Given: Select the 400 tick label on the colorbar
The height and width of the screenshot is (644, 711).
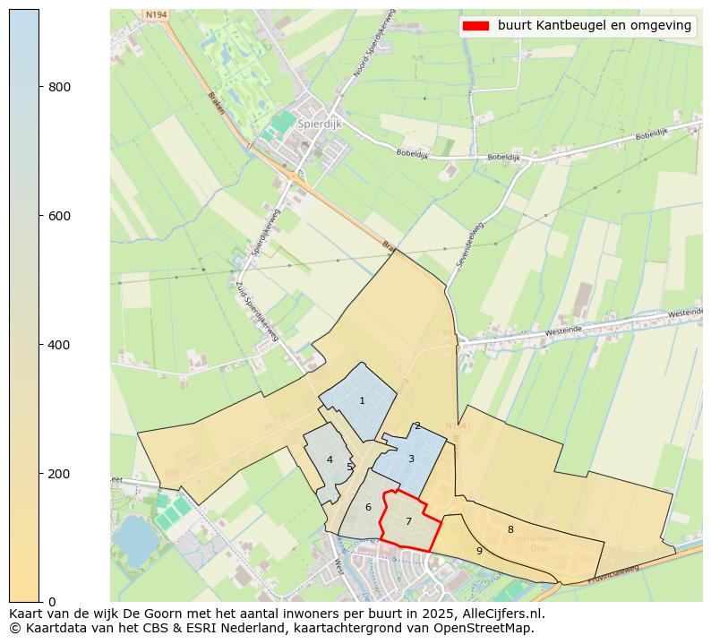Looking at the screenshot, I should [59, 345].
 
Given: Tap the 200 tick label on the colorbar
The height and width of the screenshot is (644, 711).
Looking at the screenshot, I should [59, 474].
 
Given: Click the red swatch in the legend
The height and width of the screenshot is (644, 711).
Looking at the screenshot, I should [475, 26].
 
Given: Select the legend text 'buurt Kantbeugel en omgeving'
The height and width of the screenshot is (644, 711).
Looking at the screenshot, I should [595, 26].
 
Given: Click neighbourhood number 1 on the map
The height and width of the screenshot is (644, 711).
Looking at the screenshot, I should [362, 401].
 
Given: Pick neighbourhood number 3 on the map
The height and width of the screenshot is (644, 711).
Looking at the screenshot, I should [411, 459].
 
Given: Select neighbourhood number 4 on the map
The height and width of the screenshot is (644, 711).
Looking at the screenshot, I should [330, 460].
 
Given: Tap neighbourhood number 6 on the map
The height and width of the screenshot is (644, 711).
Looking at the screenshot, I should [368, 508].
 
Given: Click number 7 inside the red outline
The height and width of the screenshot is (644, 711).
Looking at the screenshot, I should [408, 522].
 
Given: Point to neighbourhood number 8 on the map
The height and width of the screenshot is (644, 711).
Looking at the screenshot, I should [510, 530].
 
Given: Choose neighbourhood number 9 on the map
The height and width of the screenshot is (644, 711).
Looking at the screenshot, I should [479, 552].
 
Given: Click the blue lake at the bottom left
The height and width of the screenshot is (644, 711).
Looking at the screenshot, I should [134, 537].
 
